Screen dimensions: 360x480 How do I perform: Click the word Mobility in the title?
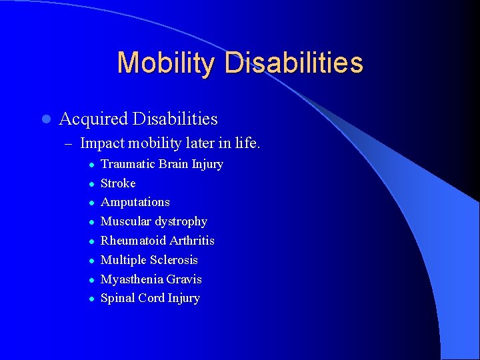[165, 63]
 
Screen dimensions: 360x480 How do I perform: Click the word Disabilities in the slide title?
[293, 63]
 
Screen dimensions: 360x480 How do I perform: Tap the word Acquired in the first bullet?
[93, 119]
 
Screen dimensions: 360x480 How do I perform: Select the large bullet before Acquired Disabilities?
[45, 119]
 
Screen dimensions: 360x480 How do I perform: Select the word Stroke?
[118, 183]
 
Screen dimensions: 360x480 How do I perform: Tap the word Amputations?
[135, 202]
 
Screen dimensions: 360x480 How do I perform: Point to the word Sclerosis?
[175, 260]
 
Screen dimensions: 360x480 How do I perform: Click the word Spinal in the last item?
[116, 298]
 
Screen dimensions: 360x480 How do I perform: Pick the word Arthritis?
[192, 241]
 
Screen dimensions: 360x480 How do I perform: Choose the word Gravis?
[185, 279]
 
